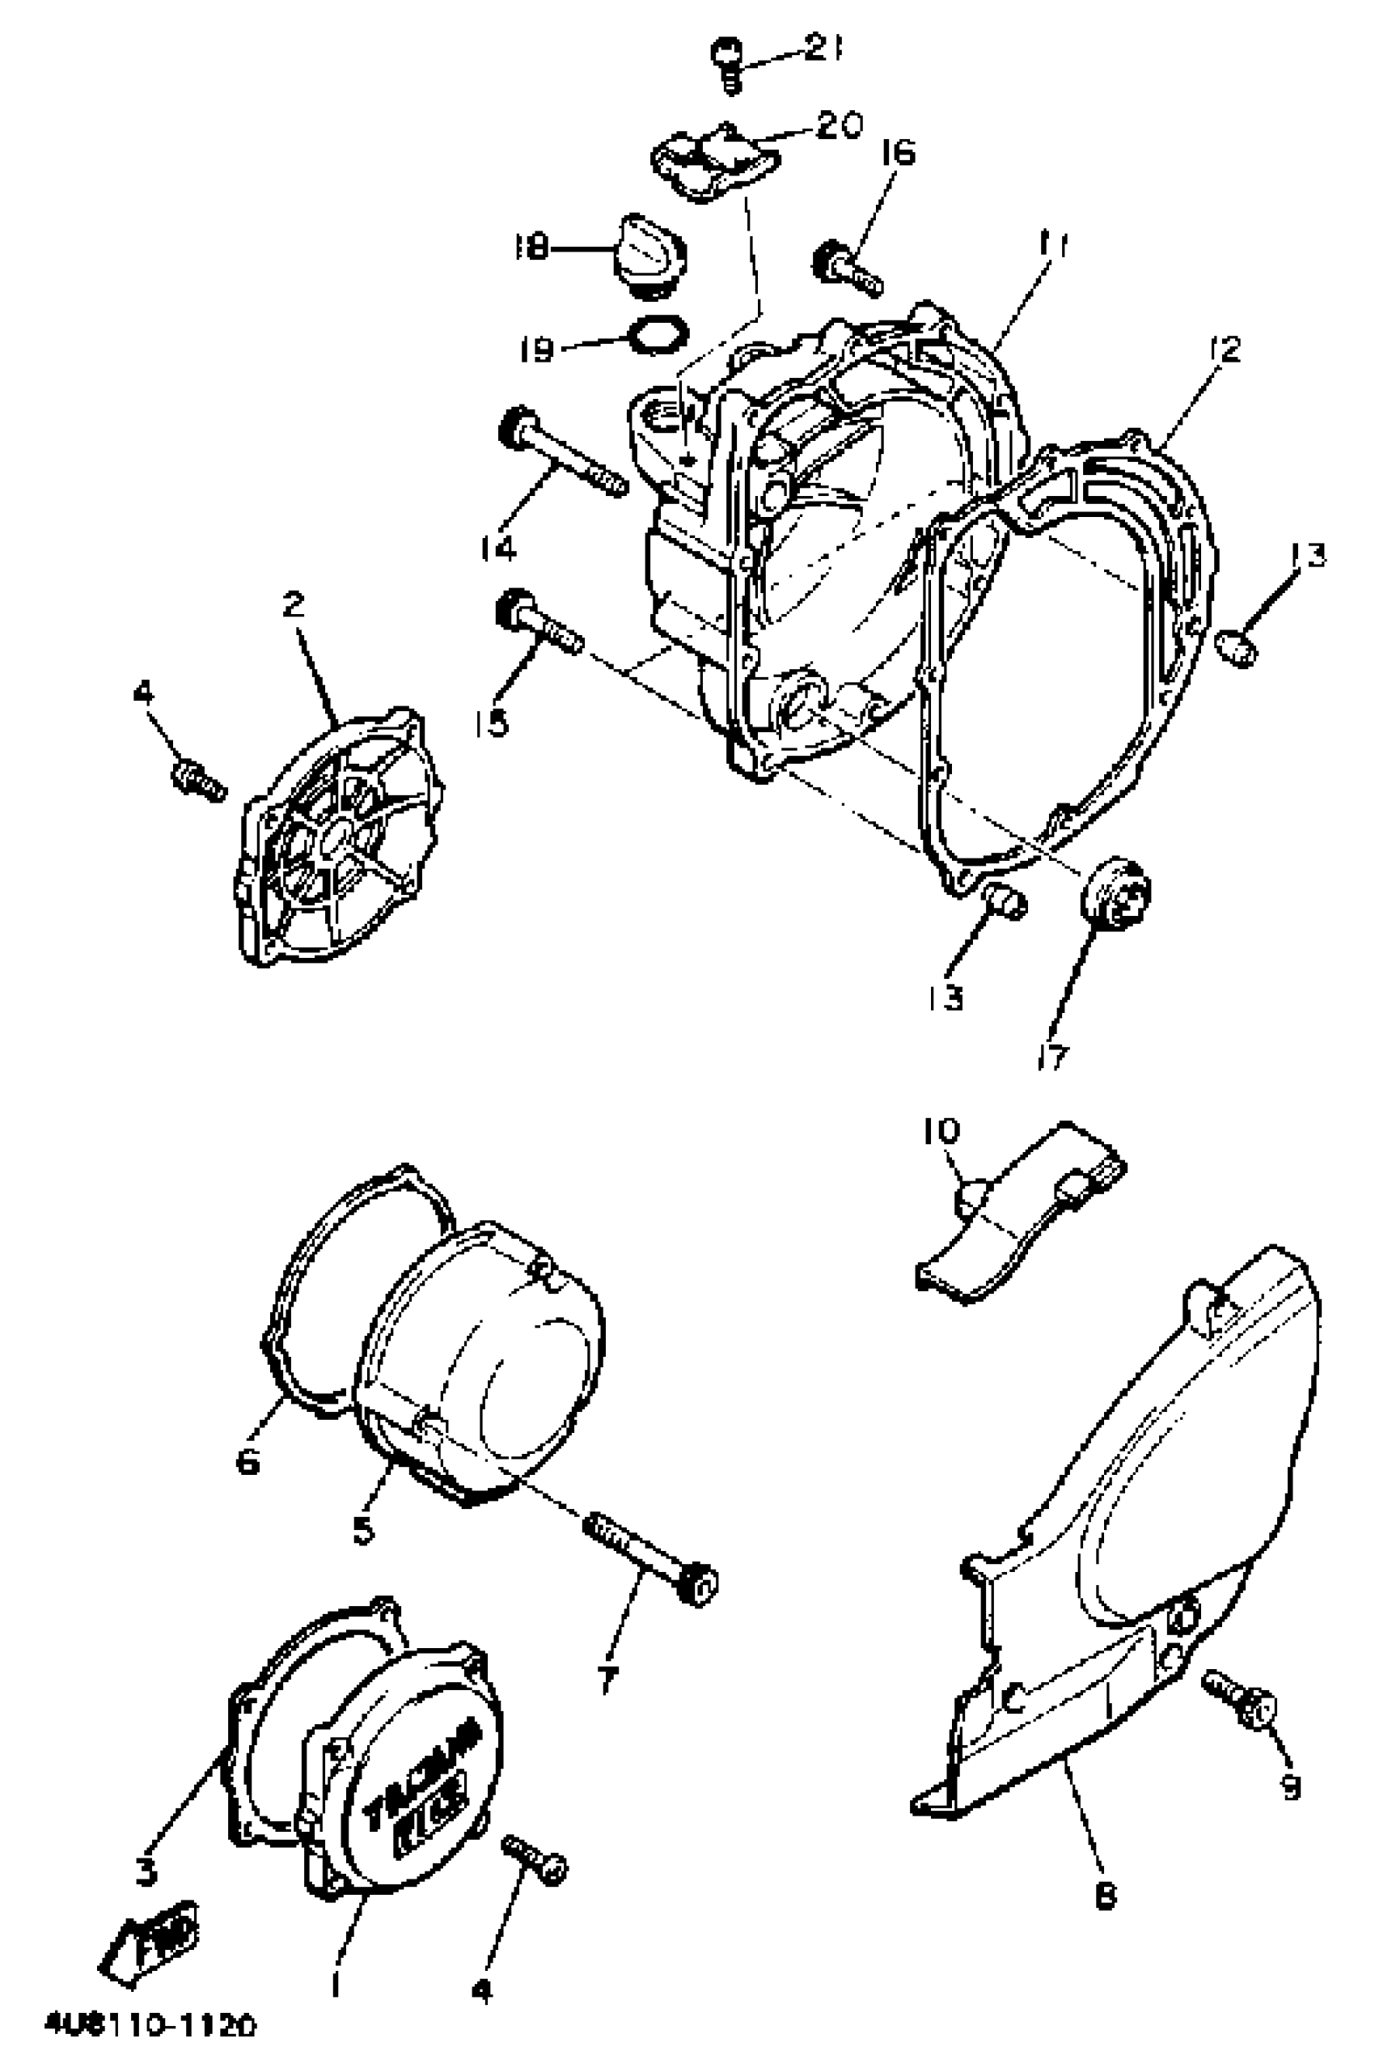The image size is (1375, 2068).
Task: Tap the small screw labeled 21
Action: [x=727, y=64]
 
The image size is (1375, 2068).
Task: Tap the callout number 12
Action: [x=1225, y=351]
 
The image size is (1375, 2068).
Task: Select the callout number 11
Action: [x=1053, y=247]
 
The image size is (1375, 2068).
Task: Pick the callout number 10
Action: [x=941, y=1131]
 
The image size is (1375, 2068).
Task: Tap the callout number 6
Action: [x=248, y=1460]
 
